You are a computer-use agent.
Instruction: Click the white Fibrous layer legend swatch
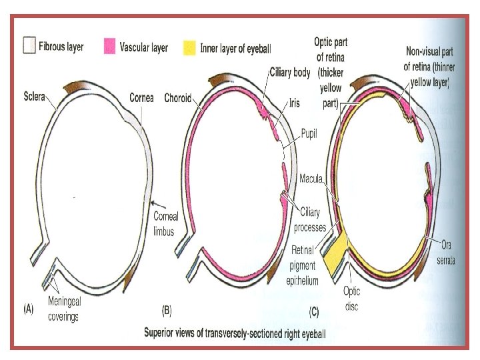(29, 47)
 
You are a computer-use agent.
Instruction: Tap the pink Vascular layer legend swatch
(111, 47)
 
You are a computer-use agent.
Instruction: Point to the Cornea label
(141, 97)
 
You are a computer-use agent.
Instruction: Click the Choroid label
(178, 98)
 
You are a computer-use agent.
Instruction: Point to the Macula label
(312, 179)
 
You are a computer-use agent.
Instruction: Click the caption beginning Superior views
(235, 332)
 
